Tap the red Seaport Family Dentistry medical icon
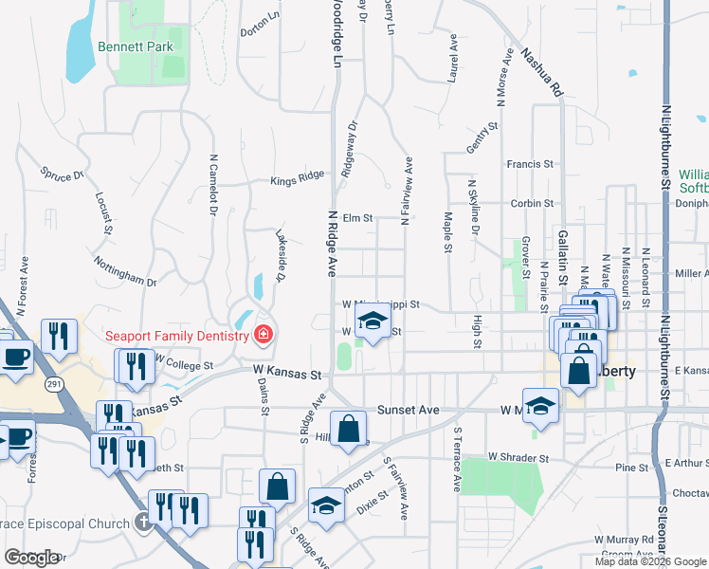coord(263,335)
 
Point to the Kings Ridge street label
coord(297,177)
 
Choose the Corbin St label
coord(531,203)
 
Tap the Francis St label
coord(530,164)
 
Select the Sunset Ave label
coord(409,411)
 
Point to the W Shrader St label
coord(518,457)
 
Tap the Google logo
coord(31,558)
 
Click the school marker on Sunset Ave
coord(539,404)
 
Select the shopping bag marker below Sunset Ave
coord(349,428)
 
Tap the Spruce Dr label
coord(63,174)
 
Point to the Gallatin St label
coord(563,257)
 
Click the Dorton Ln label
coord(261,24)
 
